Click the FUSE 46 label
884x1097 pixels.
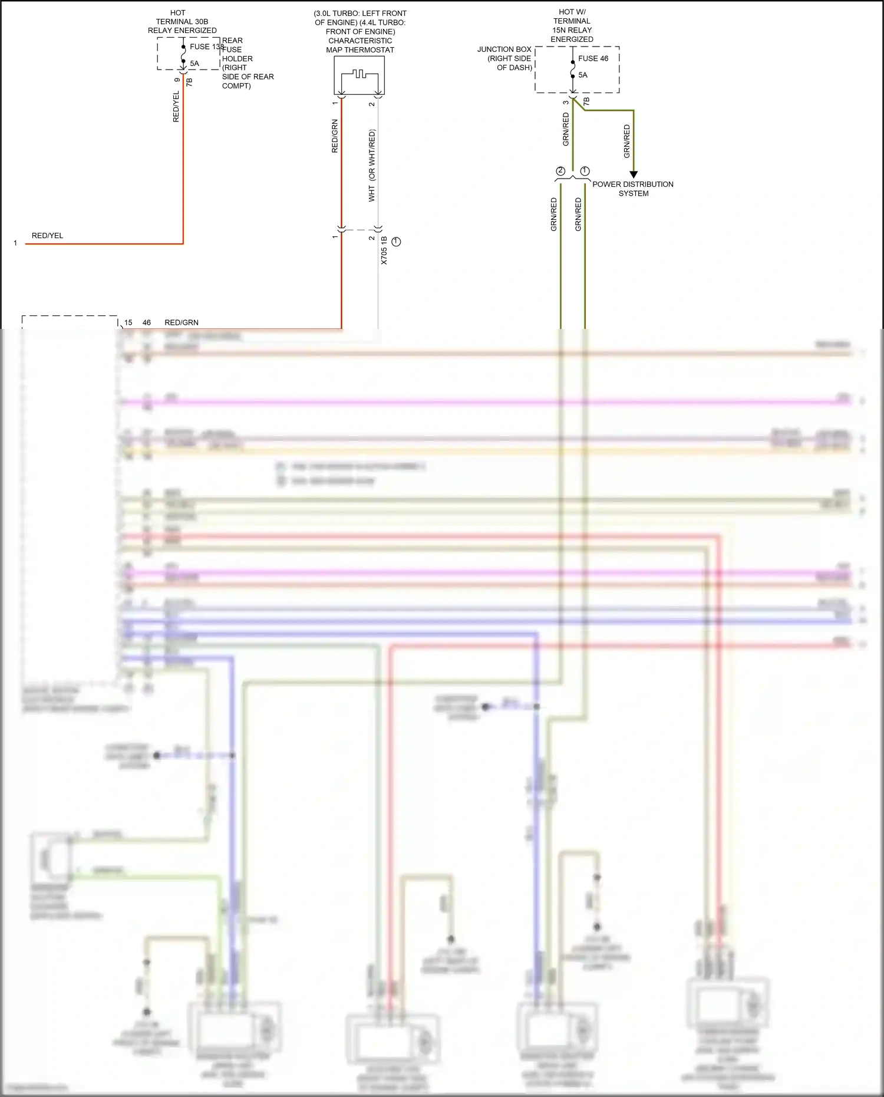point(593,58)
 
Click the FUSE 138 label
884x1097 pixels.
point(206,47)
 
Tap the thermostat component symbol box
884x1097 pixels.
point(359,75)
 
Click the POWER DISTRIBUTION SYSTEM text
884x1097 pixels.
point(633,189)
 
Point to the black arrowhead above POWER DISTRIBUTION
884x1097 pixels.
point(634,174)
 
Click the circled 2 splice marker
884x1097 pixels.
point(560,171)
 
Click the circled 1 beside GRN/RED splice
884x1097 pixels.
point(585,171)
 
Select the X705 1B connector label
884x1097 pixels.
point(384,251)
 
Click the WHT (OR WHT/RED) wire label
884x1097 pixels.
point(372,166)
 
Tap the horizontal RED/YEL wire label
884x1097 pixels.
point(47,235)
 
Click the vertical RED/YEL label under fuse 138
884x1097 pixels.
point(176,107)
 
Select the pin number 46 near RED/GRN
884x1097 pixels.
point(147,322)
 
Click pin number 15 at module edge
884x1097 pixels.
point(128,322)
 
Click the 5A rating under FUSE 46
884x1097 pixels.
point(583,75)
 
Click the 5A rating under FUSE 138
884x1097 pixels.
point(194,63)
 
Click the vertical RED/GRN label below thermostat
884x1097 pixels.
point(335,136)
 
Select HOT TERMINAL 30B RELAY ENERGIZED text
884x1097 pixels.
point(182,21)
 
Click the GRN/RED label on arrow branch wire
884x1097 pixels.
point(626,141)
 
